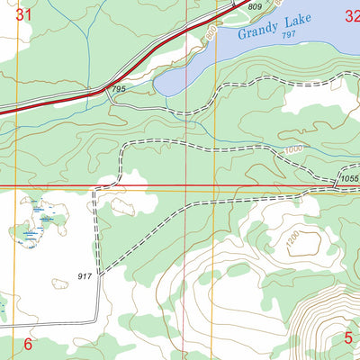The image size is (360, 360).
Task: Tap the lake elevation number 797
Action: [x=287, y=35]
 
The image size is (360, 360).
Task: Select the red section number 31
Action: [x=24, y=14]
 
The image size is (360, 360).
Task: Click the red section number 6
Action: [x=27, y=344]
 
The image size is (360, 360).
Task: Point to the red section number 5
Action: [x=348, y=338]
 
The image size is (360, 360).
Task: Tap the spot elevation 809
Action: [x=255, y=7]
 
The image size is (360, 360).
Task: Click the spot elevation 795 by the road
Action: [x=117, y=89]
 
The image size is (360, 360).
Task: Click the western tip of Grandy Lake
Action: [x=157, y=87]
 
